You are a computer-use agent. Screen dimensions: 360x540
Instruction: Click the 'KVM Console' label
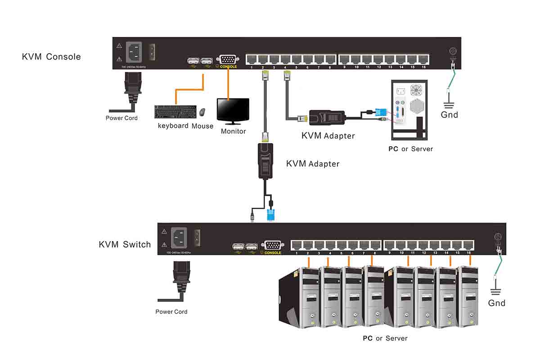pyautogui.click(x=51, y=57)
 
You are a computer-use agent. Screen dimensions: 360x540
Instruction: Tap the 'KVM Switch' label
pyautogui.click(x=125, y=244)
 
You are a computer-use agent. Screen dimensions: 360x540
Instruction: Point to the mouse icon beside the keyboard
pyautogui.click(x=202, y=111)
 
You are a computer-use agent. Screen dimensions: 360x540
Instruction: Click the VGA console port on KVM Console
pyautogui.click(x=227, y=59)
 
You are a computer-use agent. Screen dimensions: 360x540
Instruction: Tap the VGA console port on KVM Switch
pyautogui.click(x=272, y=246)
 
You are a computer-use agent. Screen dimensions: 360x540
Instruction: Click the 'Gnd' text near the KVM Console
pyautogui.click(x=449, y=115)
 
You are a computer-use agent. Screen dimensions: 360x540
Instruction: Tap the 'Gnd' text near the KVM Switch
pyautogui.click(x=497, y=303)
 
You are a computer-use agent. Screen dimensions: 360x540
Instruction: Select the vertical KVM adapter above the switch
pyautogui.click(x=265, y=161)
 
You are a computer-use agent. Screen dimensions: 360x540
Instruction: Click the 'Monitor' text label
pyautogui.click(x=233, y=131)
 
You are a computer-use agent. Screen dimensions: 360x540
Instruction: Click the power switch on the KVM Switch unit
pyautogui.click(x=196, y=238)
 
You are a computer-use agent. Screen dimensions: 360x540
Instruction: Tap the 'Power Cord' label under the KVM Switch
pyautogui.click(x=171, y=311)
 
